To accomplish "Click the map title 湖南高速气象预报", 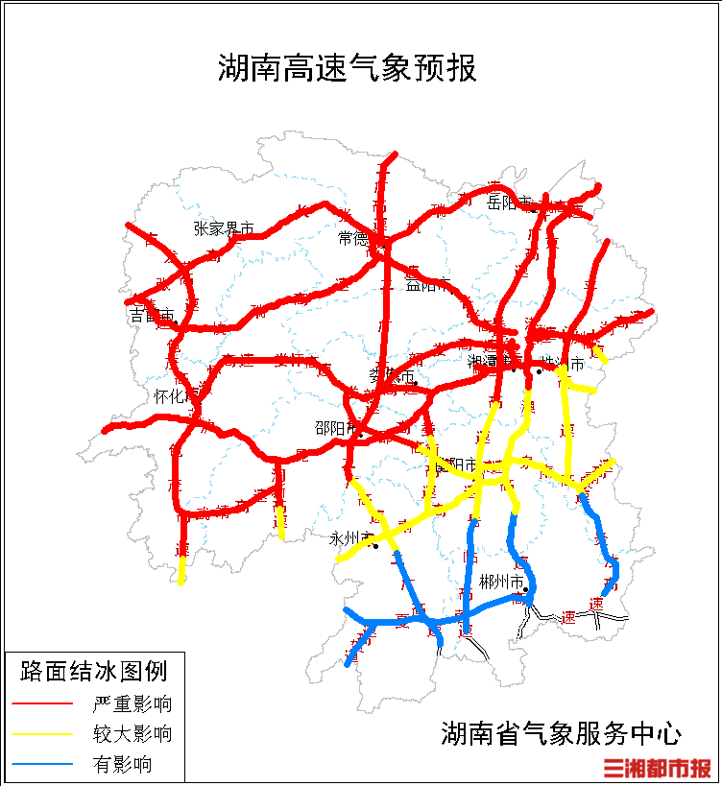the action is tap(347, 69).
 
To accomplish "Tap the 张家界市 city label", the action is tap(224, 228).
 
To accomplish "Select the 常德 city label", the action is tap(352, 238).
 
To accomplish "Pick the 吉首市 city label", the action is tap(152, 315).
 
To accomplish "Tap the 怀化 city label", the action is tap(174, 395).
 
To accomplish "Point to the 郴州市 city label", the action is tap(502, 582).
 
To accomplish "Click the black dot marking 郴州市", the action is tap(526, 589).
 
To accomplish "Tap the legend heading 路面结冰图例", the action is tap(93, 670).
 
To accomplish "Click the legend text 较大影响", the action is tap(132, 735).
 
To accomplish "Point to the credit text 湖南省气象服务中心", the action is tap(561, 734).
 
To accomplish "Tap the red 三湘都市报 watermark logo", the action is tap(658, 768).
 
